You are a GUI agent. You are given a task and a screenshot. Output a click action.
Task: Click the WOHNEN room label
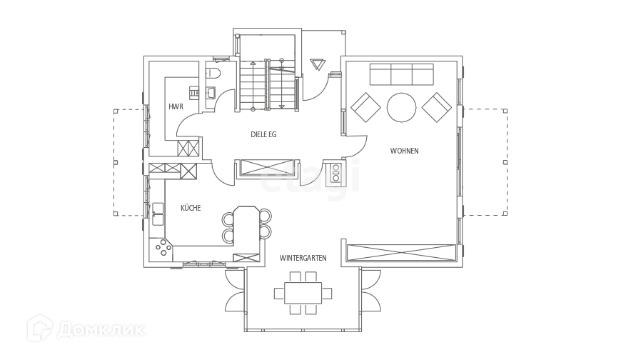(403, 151)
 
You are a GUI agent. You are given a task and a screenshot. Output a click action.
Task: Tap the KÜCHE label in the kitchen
(190, 207)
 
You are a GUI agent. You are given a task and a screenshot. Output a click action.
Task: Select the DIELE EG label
(263, 134)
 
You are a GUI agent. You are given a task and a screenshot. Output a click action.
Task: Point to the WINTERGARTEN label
(303, 257)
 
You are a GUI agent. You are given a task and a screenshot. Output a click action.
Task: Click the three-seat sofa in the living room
(401, 75)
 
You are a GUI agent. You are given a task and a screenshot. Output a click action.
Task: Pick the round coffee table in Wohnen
(401, 108)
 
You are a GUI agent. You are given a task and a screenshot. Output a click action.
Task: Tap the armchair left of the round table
(366, 109)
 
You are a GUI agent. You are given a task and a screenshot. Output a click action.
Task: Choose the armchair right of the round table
(435, 107)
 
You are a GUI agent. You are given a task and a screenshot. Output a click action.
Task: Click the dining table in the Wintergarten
(303, 292)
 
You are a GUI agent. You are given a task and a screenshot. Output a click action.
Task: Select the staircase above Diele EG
(266, 84)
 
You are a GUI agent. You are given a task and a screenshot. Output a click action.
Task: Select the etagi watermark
(308, 179)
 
